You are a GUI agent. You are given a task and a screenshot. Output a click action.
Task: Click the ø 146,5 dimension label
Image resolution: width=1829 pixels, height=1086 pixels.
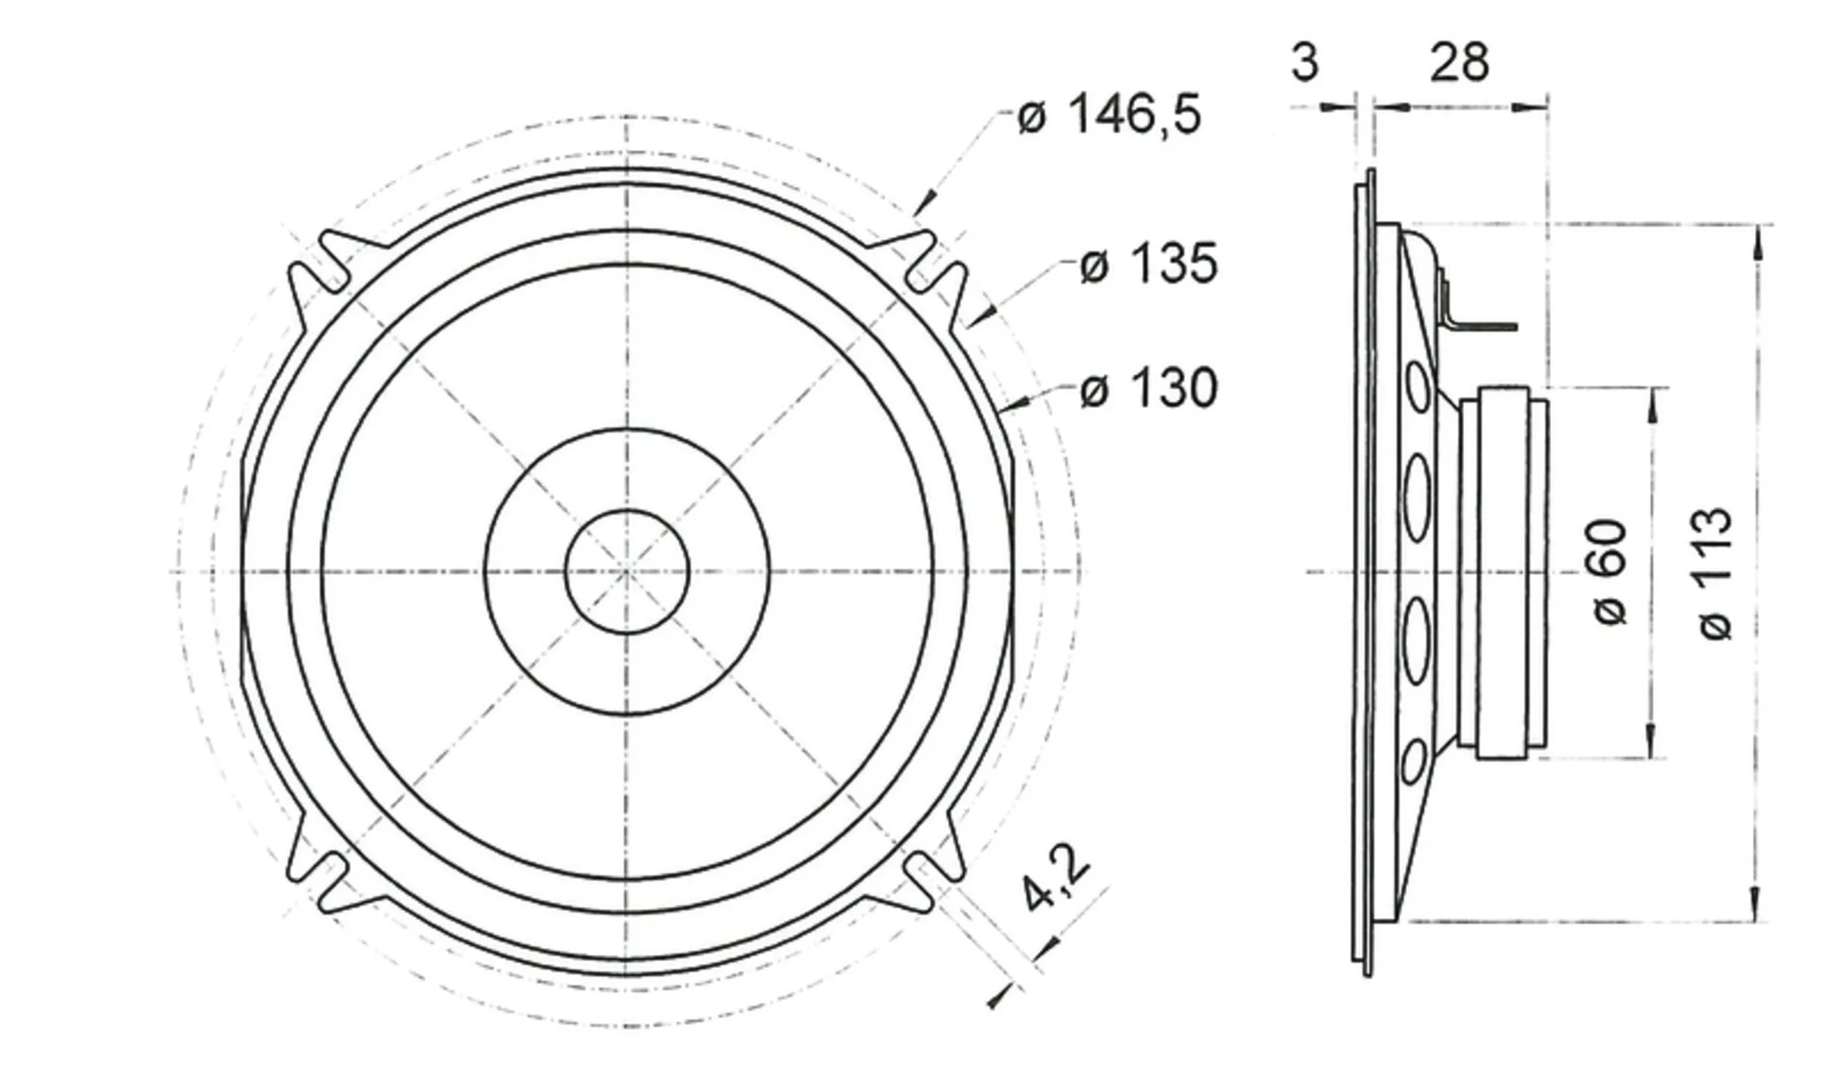coord(1110,115)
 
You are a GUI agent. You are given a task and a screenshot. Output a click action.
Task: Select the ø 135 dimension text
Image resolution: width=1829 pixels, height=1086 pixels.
coord(1149,263)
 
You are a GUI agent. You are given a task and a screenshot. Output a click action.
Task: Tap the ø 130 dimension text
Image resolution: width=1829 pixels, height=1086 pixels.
coord(1149,389)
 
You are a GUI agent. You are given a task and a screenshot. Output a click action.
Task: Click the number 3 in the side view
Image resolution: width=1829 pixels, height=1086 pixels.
coord(1305,63)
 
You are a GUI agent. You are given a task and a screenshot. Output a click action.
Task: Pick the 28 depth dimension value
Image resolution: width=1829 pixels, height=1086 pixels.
coord(1459,63)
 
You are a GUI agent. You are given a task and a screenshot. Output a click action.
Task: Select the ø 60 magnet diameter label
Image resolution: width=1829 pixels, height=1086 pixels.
coord(1611,572)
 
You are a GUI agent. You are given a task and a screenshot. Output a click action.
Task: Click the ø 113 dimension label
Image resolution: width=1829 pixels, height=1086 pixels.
coord(1716,573)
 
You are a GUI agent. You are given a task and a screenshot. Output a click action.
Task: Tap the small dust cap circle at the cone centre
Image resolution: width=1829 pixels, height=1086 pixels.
coord(627,572)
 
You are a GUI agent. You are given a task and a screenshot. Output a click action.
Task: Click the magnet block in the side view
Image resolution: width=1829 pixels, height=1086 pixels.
coord(1503,573)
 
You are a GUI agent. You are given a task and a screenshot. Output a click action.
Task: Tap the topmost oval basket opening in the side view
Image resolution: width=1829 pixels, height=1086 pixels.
coord(1417,385)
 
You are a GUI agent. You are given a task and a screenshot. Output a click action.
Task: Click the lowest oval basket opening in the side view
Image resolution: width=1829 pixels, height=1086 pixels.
coord(1415,761)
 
